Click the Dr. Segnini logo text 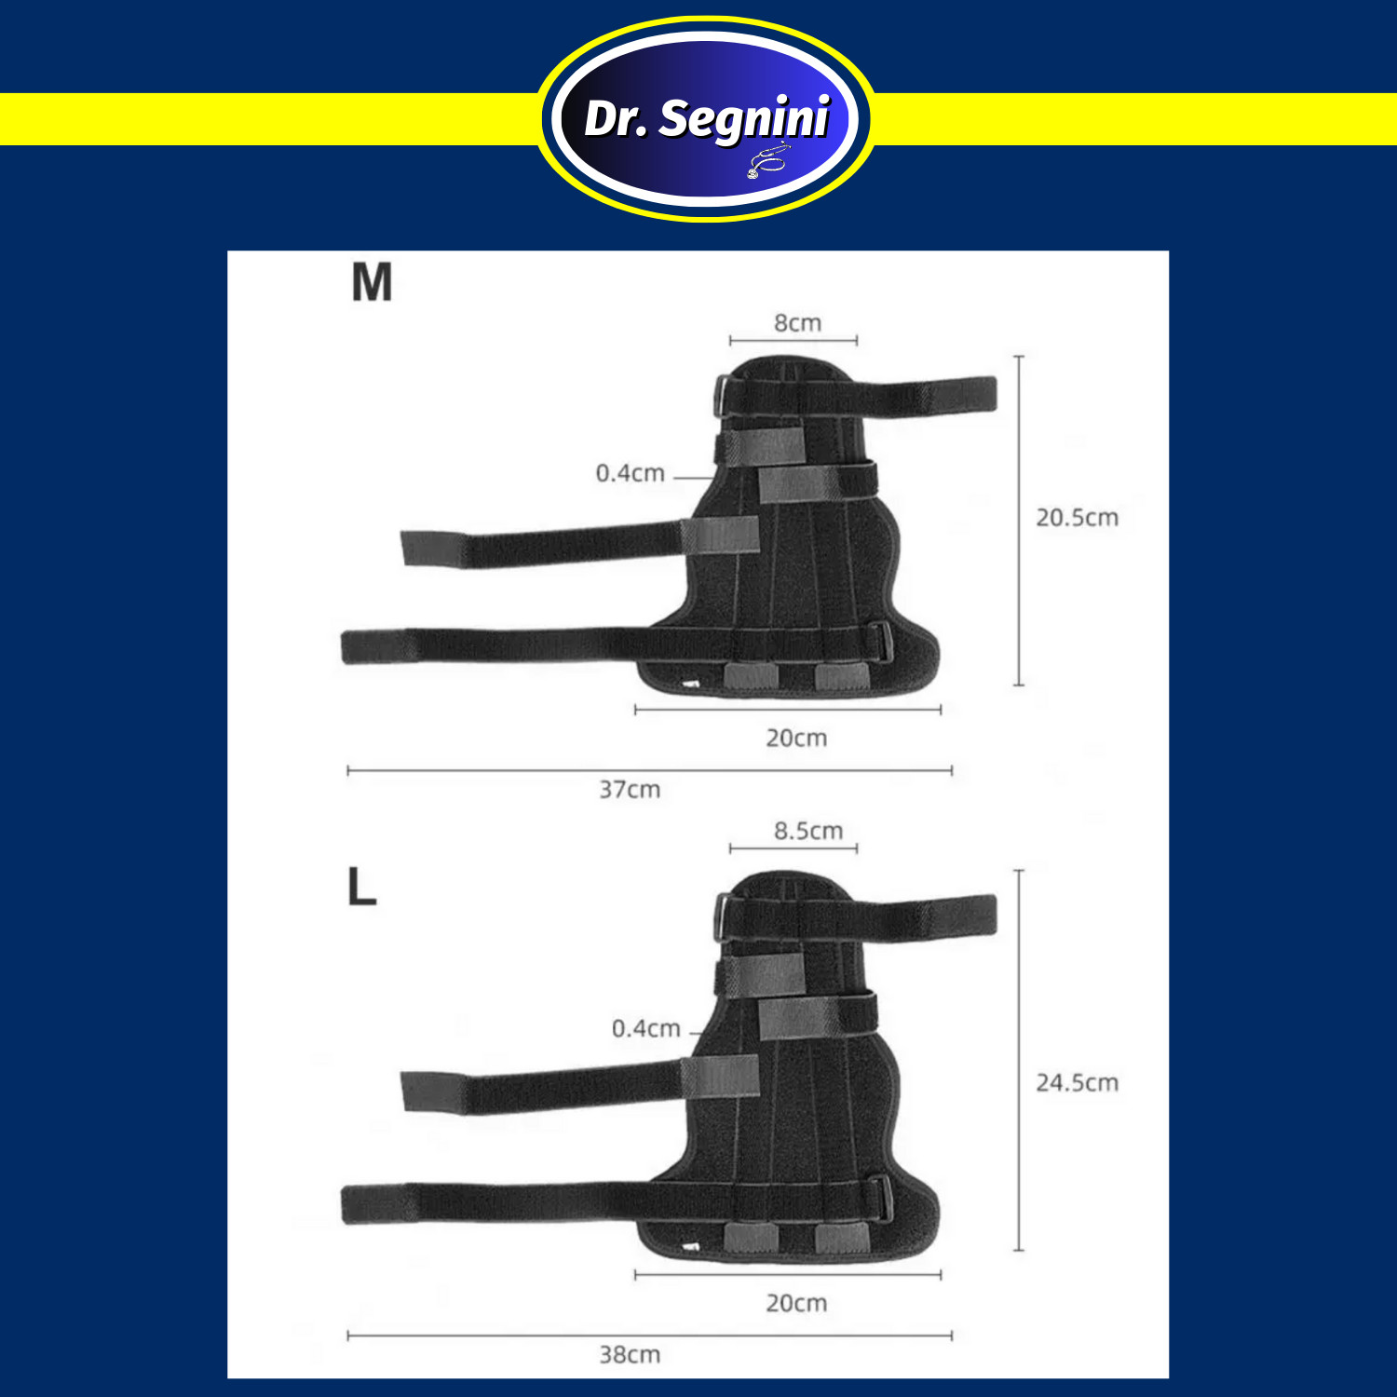(x=707, y=118)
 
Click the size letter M (x=372, y=282)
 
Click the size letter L (x=361, y=887)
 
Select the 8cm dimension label (x=798, y=323)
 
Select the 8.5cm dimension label (x=808, y=831)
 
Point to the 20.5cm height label (x=1078, y=518)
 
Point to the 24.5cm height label (x=1078, y=1083)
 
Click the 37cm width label (x=630, y=790)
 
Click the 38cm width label (x=630, y=1355)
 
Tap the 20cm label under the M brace (x=796, y=739)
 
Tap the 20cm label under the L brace (x=796, y=1304)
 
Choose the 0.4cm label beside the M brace (x=631, y=473)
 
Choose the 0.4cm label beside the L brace (x=646, y=1029)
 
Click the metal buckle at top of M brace (x=722, y=398)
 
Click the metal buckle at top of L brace (x=722, y=916)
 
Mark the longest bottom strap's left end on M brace (x=344, y=647)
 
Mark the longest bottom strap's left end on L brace (x=344, y=1204)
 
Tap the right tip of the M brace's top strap (x=996, y=393)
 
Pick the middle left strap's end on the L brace (x=404, y=1092)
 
